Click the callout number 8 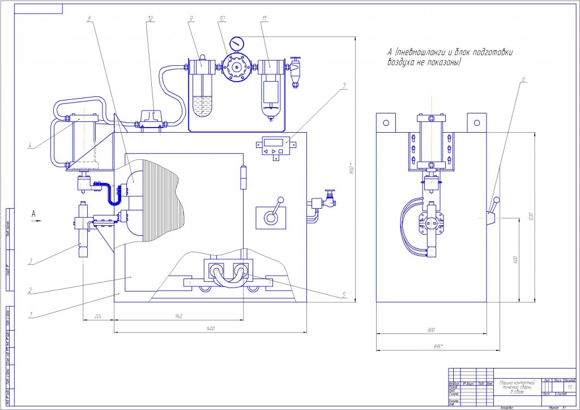[x=89, y=19]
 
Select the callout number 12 [x=150, y=19]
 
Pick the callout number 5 [x=343, y=294]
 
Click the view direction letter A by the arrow [x=34, y=214]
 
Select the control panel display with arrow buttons [x=274, y=145]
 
